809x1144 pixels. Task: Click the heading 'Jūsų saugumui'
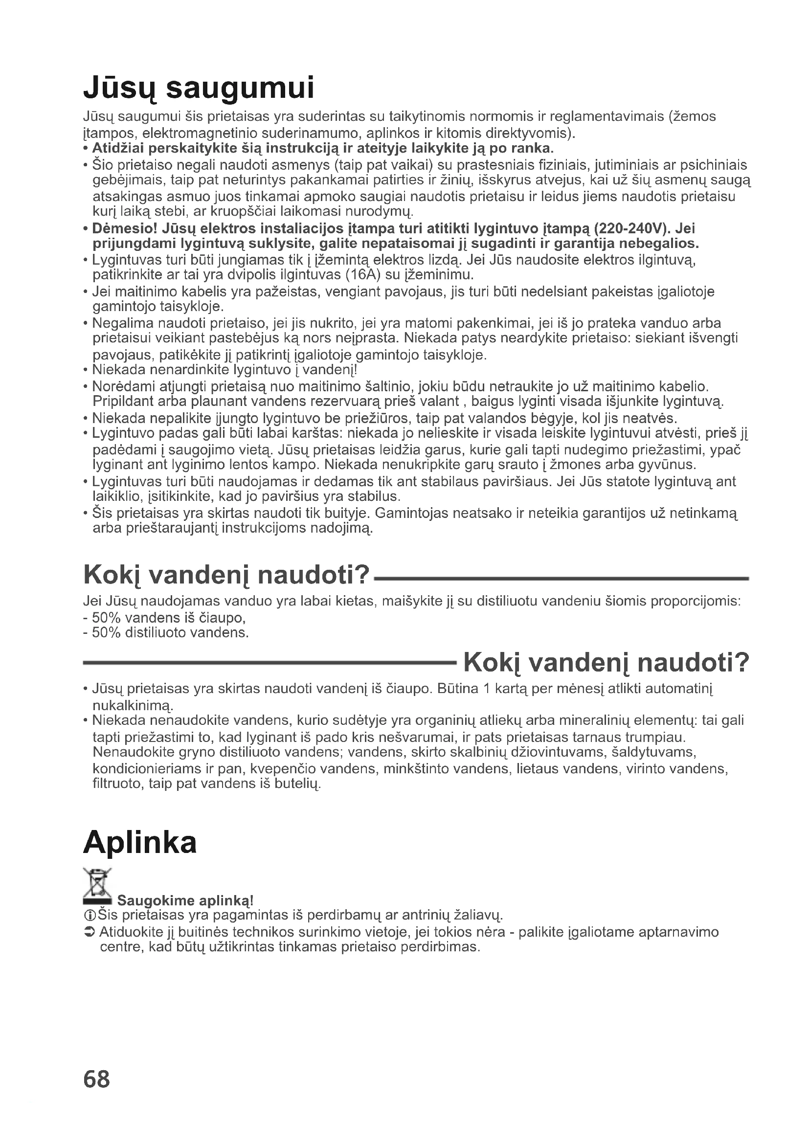199,89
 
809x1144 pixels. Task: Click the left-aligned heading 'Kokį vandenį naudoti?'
226,576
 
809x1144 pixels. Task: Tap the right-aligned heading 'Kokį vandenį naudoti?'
606,663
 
